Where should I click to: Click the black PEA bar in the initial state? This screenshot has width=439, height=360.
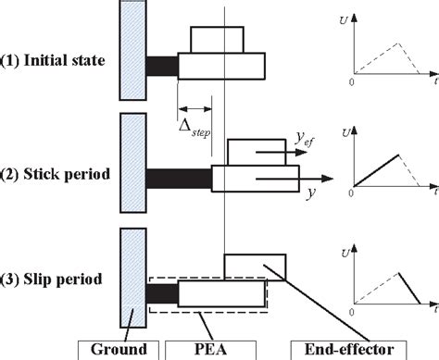pyautogui.click(x=161, y=66)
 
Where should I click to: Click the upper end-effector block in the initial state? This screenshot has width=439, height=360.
pyautogui.click(x=218, y=40)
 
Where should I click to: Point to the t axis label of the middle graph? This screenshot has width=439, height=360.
pyautogui.click(x=433, y=197)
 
